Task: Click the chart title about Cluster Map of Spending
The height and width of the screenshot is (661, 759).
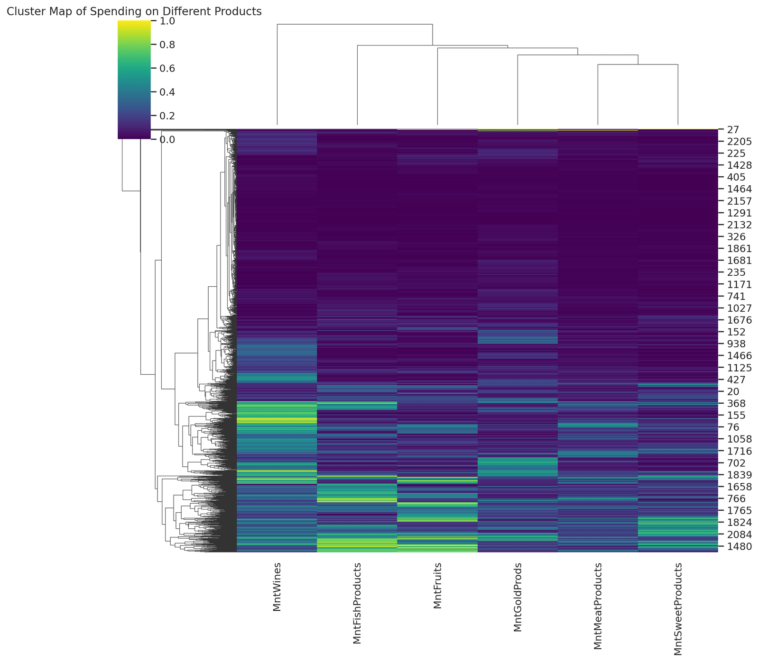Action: point(134,12)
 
